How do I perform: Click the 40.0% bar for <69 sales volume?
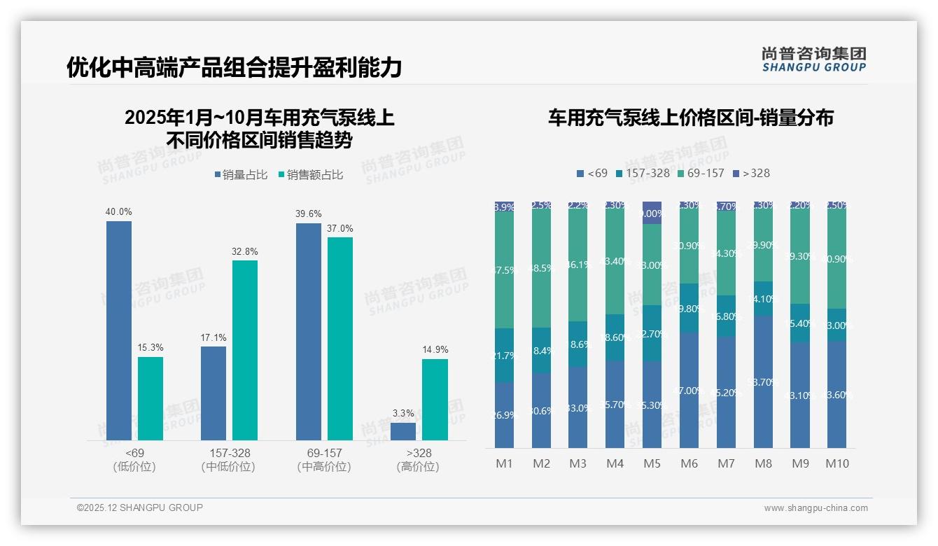click(x=119, y=330)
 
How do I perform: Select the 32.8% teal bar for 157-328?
click(x=245, y=350)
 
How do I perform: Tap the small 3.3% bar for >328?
click(x=403, y=431)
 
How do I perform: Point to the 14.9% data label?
click(x=435, y=349)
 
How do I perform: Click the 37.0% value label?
click(x=340, y=228)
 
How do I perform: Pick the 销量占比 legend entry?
click(x=241, y=175)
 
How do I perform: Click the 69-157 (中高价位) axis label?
click(x=324, y=460)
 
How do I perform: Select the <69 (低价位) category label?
click(x=134, y=460)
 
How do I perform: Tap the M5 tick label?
click(x=652, y=463)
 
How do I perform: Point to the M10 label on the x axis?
click(x=836, y=463)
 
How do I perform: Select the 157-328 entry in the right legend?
click(x=642, y=173)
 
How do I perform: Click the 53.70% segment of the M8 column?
click(x=764, y=381)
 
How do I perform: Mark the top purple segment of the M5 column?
click(x=652, y=213)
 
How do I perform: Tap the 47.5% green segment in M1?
click(x=504, y=269)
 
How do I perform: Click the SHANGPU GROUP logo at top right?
click(x=814, y=59)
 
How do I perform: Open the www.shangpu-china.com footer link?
click(x=815, y=508)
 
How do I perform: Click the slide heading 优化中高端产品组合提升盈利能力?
click(x=234, y=68)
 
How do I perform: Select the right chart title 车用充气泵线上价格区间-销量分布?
click(x=690, y=118)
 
